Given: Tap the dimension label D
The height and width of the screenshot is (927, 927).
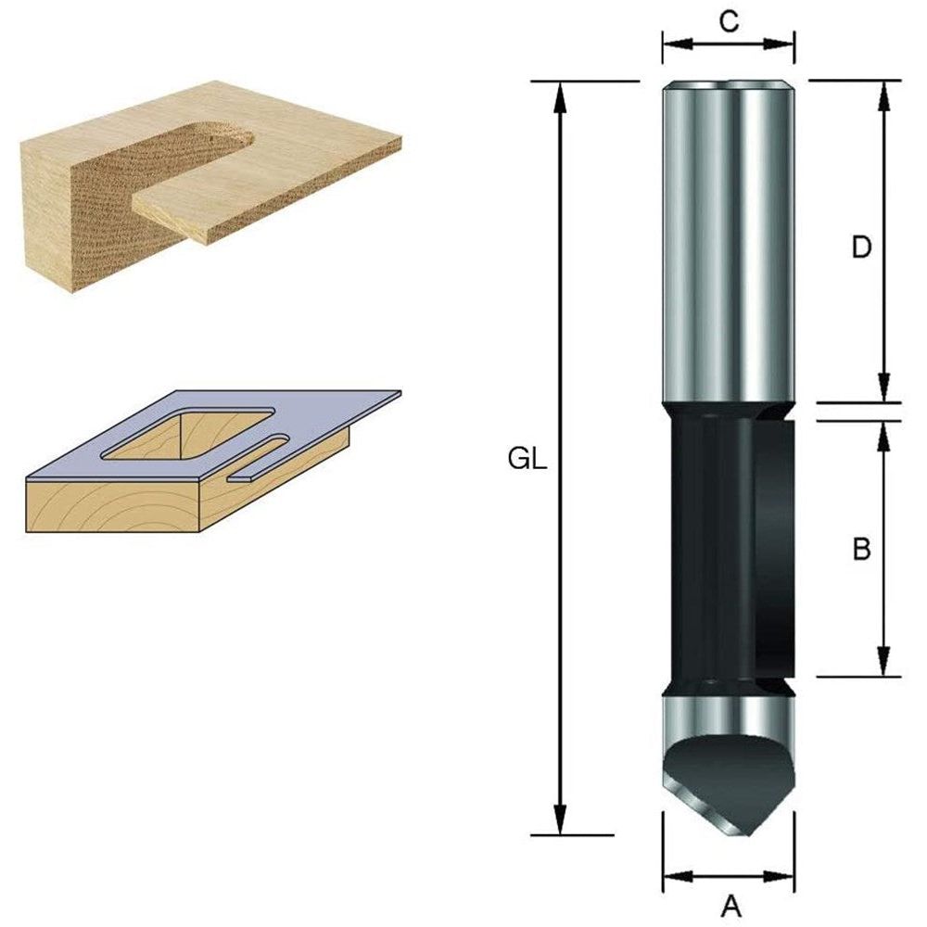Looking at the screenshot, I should click(x=862, y=248).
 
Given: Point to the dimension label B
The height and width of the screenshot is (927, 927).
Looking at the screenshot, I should click(x=861, y=549).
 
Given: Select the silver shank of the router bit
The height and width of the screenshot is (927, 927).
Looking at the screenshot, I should click(x=728, y=241).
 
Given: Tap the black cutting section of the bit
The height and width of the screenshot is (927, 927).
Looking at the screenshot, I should click(x=728, y=547).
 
